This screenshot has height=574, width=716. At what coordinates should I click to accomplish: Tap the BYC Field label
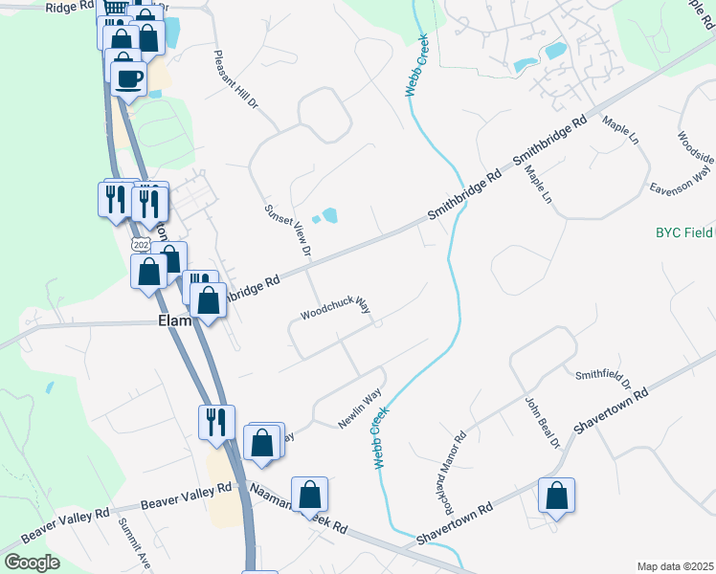click(683, 232)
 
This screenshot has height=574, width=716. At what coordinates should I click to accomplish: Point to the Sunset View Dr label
click(288, 231)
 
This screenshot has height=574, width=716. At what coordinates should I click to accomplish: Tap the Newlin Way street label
click(360, 408)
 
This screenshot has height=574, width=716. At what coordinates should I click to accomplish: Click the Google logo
click(31, 563)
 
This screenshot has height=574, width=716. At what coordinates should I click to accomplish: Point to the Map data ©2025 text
click(674, 566)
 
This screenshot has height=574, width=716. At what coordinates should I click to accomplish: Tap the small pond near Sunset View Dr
click(328, 215)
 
